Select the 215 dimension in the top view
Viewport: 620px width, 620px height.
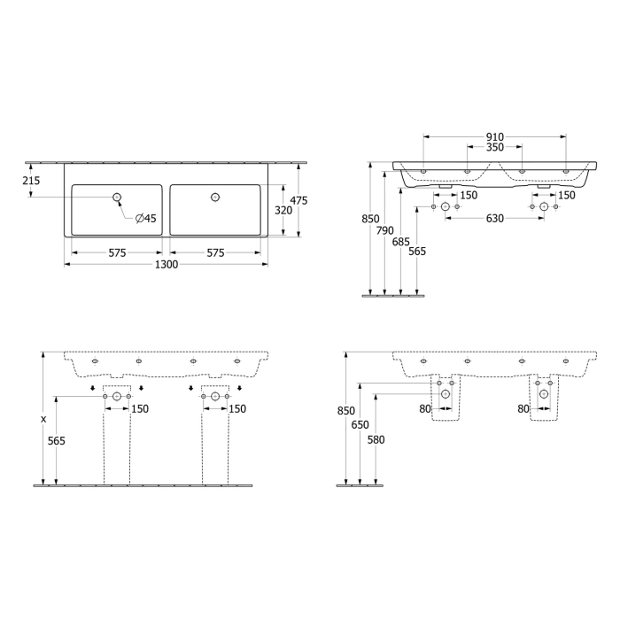coord(31,180)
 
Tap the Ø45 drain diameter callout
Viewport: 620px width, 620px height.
coord(146,218)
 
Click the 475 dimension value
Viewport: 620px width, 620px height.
coord(298,201)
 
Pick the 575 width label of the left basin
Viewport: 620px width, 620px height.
coord(117,253)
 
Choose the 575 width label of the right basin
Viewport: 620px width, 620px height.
coord(215,253)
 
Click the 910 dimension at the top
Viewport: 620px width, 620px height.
coord(495,137)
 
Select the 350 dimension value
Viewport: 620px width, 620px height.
coord(495,148)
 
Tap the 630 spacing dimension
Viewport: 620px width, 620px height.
coord(494,219)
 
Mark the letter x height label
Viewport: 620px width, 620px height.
coord(43,418)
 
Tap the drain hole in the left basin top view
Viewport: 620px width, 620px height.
coord(116,197)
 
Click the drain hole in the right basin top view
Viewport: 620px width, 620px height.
coord(214,197)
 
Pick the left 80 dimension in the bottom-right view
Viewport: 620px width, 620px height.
coord(424,408)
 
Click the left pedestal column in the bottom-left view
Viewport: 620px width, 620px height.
coord(116,443)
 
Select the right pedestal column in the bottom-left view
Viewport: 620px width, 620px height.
coord(214,443)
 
